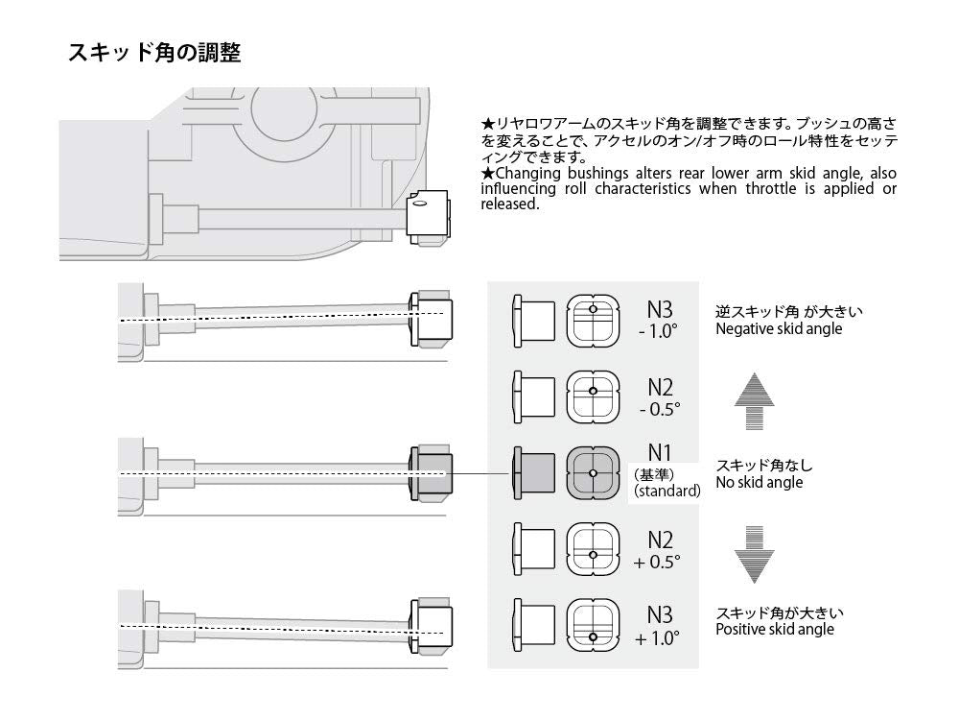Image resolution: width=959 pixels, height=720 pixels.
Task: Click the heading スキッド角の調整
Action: (x=153, y=52)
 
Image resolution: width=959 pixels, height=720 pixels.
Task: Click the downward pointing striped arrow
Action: (x=754, y=554)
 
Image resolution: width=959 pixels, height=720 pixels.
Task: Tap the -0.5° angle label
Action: (x=660, y=408)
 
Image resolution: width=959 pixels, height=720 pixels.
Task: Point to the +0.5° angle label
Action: (x=657, y=562)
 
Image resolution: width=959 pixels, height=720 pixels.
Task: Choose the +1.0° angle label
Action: (x=657, y=637)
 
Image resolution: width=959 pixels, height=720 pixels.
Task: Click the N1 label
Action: (x=660, y=450)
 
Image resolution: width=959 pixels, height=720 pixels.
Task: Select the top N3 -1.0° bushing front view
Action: (x=593, y=321)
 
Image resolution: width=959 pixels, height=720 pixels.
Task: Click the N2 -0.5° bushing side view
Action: (x=534, y=396)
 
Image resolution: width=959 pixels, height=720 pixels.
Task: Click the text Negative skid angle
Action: (x=779, y=328)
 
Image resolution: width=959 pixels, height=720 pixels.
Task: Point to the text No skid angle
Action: (x=759, y=482)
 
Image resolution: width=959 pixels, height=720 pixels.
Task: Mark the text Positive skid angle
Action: (x=774, y=629)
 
